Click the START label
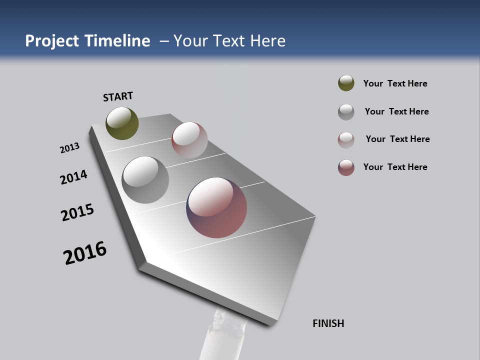118,96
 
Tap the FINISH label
328,323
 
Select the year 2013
69,148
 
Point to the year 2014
73,177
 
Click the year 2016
85,253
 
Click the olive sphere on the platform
122,123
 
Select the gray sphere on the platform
145,180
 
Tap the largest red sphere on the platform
216,207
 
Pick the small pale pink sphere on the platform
189,139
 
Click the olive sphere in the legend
346,83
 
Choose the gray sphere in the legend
346,112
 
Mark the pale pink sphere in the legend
346,140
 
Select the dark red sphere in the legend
346,167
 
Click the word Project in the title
52,41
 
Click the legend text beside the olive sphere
395,83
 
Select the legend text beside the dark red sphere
395,167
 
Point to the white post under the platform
220,340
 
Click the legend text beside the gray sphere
396,111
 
